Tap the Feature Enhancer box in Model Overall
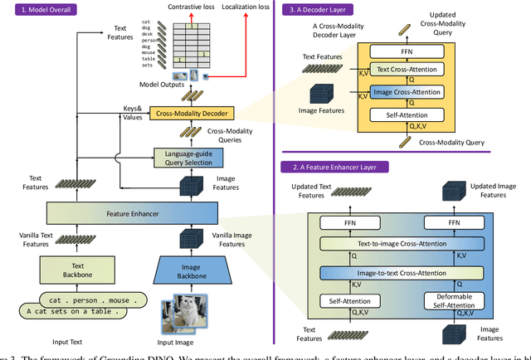(x=133, y=213)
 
